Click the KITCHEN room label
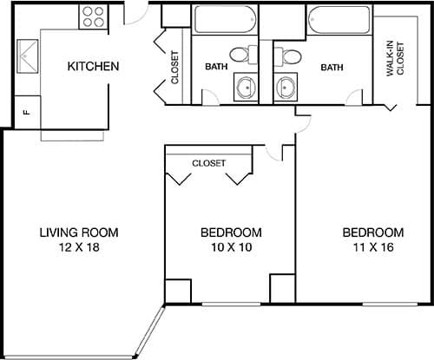[93, 67]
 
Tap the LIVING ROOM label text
[79, 232]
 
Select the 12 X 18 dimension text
[79, 248]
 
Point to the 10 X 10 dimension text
[231, 248]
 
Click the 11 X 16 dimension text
[372, 248]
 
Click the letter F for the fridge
[27, 112]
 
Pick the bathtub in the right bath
[338, 19]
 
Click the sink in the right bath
[286, 87]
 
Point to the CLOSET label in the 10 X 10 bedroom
[208, 163]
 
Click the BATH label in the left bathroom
[216, 67]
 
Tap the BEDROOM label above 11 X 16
[372, 232]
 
